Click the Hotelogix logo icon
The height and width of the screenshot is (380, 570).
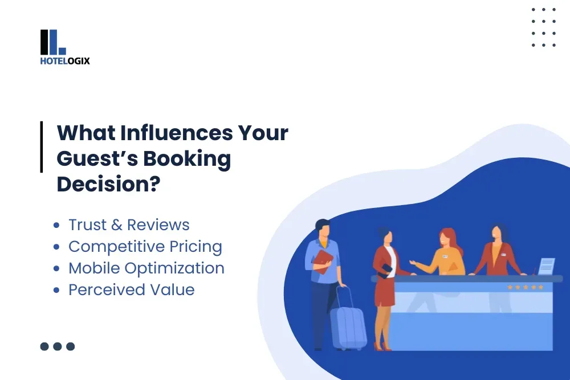53,42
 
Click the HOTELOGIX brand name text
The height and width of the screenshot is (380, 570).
65,61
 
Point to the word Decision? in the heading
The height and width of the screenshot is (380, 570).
108,185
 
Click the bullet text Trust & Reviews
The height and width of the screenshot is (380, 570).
129,224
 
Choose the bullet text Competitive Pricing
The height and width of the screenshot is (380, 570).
145,246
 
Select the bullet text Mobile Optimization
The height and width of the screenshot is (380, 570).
146,268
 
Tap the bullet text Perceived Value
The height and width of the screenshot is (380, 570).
132,289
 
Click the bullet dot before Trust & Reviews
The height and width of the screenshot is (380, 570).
56,225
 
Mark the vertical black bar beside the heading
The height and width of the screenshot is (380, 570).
42,147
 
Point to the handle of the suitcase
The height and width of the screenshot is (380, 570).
343,295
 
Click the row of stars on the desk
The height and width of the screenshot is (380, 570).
526,287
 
